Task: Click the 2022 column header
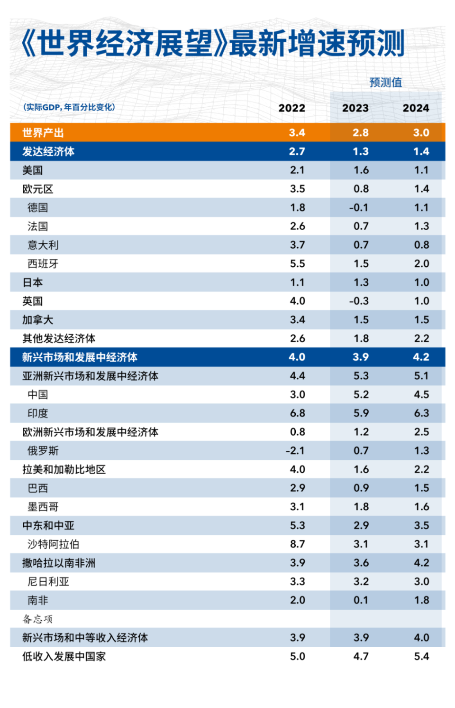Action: pyautogui.click(x=291, y=108)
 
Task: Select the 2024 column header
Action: pyautogui.click(x=416, y=108)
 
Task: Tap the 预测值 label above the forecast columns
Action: pyautogui.click(x=385, y=83)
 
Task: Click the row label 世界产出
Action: pyautogui.click(x=43, y=133)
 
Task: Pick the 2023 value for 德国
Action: pyautogui.click(x=358, y=208)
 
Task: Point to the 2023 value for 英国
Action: pyautogui.click(x=358, y=301)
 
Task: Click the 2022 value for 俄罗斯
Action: pyautogui.click(x=295, y=451)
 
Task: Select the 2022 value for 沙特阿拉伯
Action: pyautogui.click(x=297, y=544)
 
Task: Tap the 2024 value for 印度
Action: pyautogui.click(x=421, y=413)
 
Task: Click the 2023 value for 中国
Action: pyautogui.click(x=361, y=395)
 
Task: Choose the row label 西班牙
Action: pyautogui.click(x=43, y=264)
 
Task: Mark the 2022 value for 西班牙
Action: pyautogui.click(x=297, y=264)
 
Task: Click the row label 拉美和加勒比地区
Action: pyautogui.click(x=64, y=470)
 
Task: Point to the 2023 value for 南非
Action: pyautogui.click(x=361, y=600)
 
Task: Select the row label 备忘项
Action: pyautogui.click(x=37, y=619)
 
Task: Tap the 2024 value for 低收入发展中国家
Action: pyautogui.click(x=421, y=657)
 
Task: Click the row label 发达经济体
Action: pyautogui.click(x=48, y=152)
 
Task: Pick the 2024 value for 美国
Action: pyautogui.click(x=421, y=170)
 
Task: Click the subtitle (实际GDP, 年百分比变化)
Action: pyautogui.click(x=69, y=107)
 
